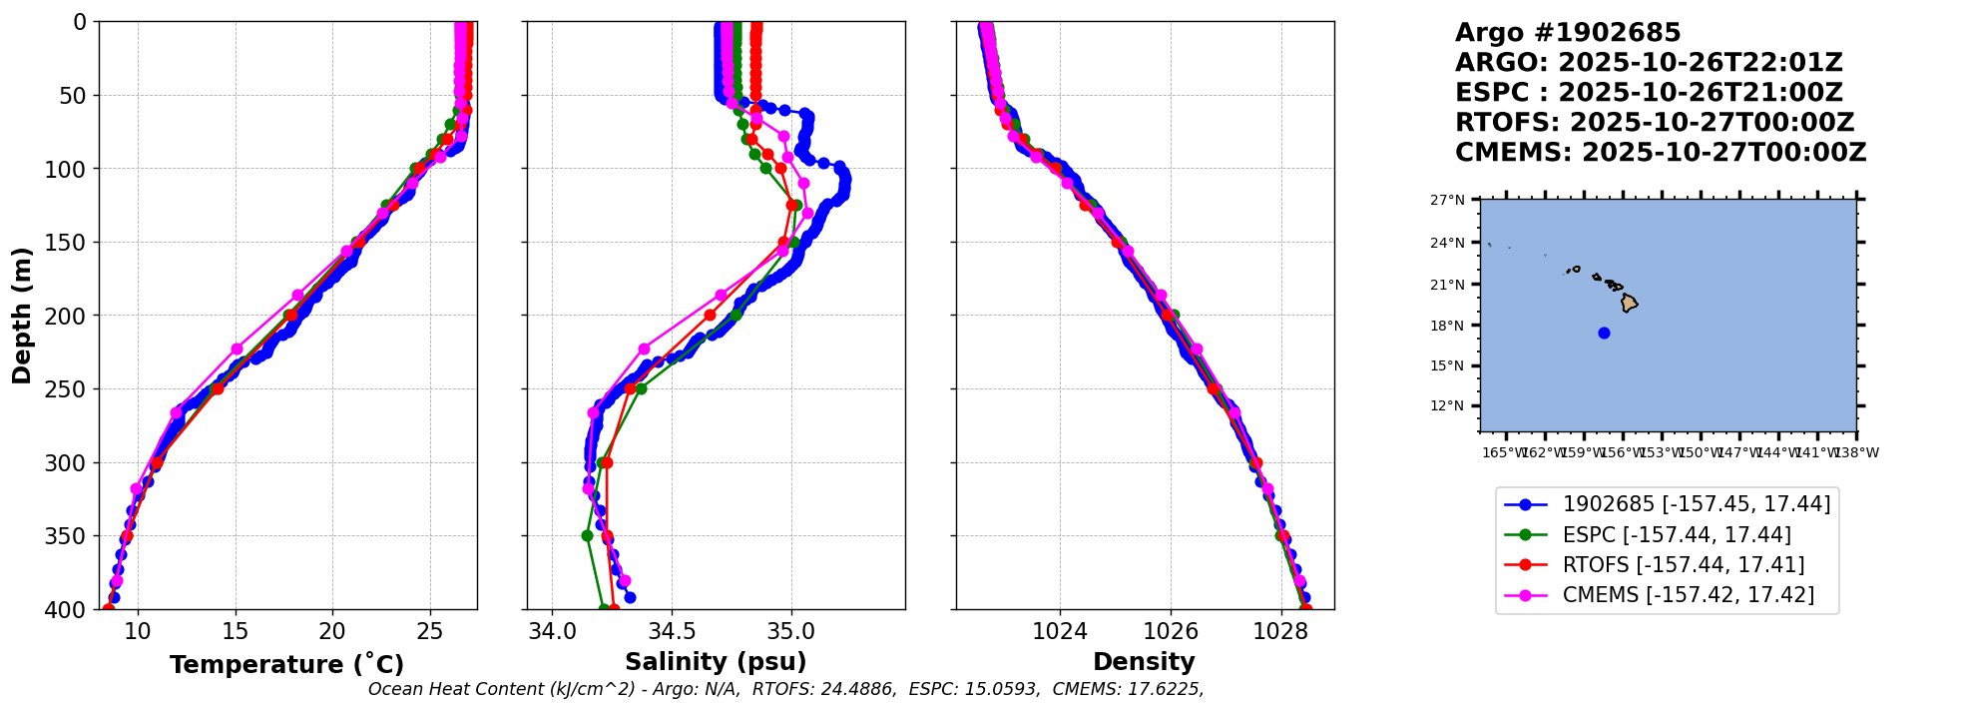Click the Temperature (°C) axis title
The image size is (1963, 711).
point(286,665)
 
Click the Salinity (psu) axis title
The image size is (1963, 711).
point(716,662)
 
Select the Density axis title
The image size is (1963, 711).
point(1144,662)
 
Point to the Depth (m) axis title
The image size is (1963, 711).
point(22,316)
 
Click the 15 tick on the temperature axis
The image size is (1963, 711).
point(236,631)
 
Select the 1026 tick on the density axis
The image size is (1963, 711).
point(1170,631)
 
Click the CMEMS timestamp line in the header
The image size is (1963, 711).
point(1661,153)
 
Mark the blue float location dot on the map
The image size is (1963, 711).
point(1604,333)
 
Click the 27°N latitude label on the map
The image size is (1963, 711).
point(1447,201)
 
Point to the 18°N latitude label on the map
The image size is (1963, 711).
point(1447,326)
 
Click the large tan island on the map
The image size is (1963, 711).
point(1629,303)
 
